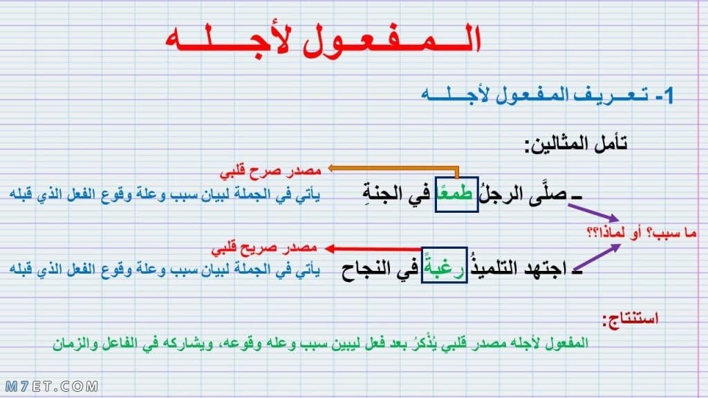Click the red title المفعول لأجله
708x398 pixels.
tap(324, 41)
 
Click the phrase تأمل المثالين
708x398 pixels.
tap(576, 144)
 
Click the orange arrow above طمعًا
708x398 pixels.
tap(393, 169)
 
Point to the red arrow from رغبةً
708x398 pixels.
tap(373, 249)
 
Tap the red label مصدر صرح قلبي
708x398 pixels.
tap(270, 171)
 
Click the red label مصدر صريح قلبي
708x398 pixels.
tap(264, 248)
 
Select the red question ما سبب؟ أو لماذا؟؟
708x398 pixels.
tap(642, 233)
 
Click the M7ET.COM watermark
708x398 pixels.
tap(51, 387)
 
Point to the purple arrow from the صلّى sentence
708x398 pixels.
tap(593, 212)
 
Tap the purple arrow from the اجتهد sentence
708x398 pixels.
tap(597, 258)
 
